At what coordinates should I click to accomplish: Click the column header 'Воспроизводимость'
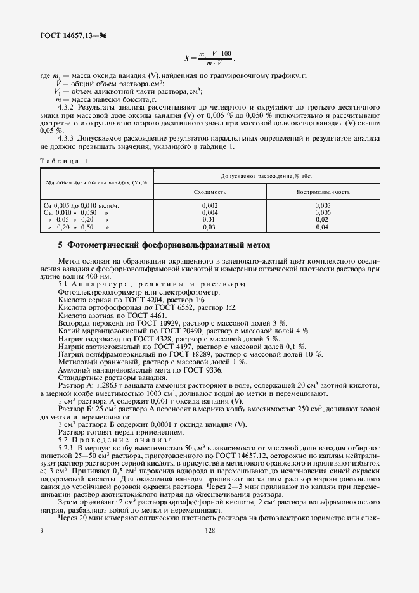click(x=323, y=191)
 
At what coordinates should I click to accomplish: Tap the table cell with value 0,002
click(x=210, y=206)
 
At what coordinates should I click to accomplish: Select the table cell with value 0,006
click(x=323, y=213)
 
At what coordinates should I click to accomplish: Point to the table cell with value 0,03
click(x=210, y=227)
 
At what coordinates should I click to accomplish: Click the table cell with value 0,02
click(x=323, y=220)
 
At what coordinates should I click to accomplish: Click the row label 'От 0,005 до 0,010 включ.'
click(x=81, y=206)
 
